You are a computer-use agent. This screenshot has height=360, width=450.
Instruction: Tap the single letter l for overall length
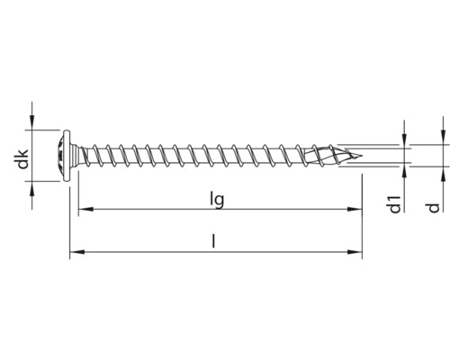214,241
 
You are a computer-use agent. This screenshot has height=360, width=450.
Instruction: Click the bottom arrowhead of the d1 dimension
404,168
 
